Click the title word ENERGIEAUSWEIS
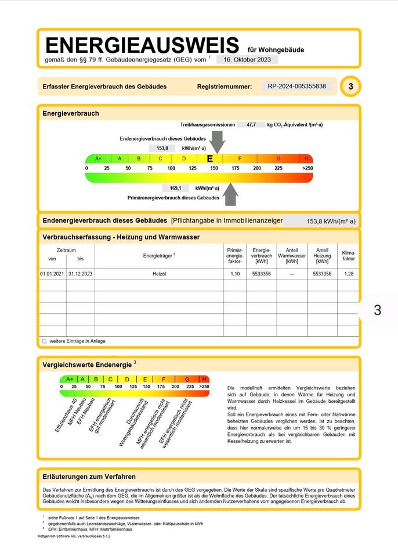click(142, 45)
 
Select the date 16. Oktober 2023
click(247, 59)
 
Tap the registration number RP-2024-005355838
click(297, 87)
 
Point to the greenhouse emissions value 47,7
click(251, 125)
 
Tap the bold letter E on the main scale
click(210, 158)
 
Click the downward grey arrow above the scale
click(217, 140)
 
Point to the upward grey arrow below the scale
click(231, 194)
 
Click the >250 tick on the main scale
click(307, 168)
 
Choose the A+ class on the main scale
click(98, 158)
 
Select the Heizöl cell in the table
click(159, 273)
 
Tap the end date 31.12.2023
click(80, 273)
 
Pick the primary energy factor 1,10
click(234, 273)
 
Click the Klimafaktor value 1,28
click(349, 273)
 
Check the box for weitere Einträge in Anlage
click(44, 341)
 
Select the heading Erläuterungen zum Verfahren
click(89, 477)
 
